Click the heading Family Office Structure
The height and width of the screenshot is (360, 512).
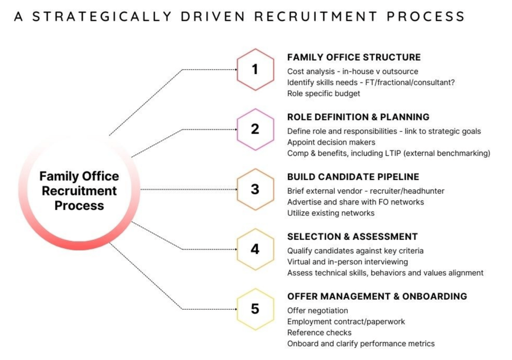click(354, 57)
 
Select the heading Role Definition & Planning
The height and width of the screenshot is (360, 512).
click(358, 117)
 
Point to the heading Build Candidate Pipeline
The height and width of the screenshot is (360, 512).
click(353, 177)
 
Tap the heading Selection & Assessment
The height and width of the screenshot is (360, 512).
click(352, 237)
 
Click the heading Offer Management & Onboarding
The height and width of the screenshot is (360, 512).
click(377, 297)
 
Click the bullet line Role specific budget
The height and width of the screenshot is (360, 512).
click(324, 93)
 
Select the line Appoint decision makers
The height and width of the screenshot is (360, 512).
click(331, 142)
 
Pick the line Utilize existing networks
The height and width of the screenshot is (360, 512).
click(331, 213)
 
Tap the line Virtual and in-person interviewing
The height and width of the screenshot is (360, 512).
click(348, 262)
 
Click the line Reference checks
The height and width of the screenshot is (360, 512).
click(319, 333)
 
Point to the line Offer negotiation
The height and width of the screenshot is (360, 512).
click(317, 311)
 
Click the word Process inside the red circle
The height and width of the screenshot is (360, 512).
click(79, 206)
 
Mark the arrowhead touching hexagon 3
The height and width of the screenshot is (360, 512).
click(236, 189)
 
